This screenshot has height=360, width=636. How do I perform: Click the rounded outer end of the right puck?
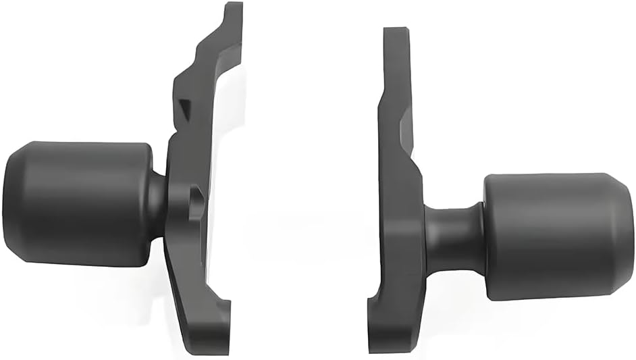click(628, 236)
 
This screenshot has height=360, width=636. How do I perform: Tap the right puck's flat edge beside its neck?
click(488, 236)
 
